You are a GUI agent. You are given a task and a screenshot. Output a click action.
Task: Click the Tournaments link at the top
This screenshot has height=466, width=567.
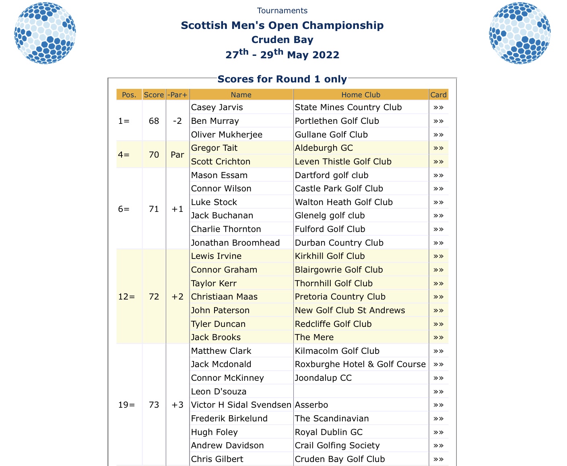tap(282, 11)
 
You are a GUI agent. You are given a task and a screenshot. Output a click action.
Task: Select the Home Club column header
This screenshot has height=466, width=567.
tap(361, 95)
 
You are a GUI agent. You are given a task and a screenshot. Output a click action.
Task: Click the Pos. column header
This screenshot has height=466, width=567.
tap(129, 95)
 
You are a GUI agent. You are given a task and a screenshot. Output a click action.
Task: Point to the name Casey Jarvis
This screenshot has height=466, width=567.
tap(217, 107)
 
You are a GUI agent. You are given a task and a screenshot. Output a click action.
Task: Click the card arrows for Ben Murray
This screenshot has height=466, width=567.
tap(438, 121)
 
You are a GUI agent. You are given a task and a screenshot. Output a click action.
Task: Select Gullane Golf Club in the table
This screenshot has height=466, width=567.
tap(331, 135)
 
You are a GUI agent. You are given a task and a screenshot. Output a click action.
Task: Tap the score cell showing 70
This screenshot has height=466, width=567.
tap(154, 155)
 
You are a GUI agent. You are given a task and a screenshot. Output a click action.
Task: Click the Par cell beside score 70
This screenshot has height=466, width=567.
tap(177, 155)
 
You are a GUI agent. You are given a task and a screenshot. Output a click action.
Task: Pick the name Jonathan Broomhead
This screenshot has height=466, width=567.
tap(235, 243)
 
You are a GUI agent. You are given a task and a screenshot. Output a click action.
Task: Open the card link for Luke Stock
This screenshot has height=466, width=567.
tap(438, 202)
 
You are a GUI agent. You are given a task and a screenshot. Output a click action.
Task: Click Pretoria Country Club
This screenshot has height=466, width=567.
tap(340, 297)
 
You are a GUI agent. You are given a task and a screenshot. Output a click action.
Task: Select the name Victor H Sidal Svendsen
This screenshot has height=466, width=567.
tap(241, 405)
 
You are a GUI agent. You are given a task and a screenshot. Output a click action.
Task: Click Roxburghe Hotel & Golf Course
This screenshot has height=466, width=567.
tap(360, 364)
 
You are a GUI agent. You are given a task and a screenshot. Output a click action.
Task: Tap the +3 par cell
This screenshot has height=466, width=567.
tap(177, 405)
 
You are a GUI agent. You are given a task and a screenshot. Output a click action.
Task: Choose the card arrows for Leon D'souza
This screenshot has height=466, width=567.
tap(438, 392)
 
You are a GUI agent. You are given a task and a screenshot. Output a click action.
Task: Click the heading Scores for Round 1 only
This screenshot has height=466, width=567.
tap(282, 79)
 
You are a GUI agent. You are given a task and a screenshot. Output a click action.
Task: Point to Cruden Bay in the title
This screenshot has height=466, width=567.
tap(282, 40)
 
